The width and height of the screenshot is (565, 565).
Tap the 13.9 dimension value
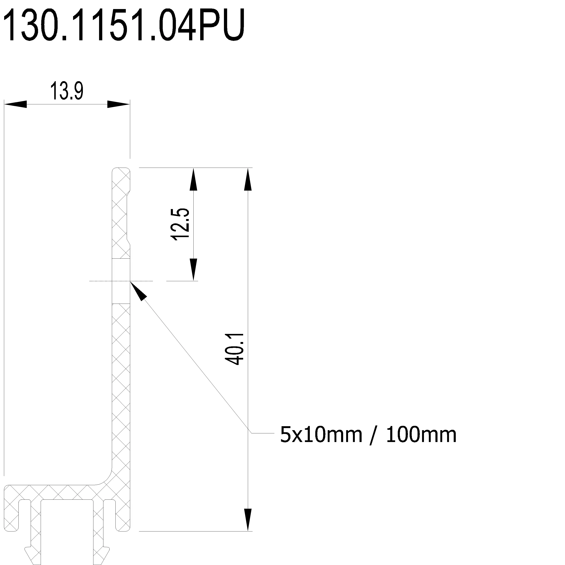click(x=67, y=91)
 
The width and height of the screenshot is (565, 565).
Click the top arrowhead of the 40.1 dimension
click(x=248, y=179)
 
